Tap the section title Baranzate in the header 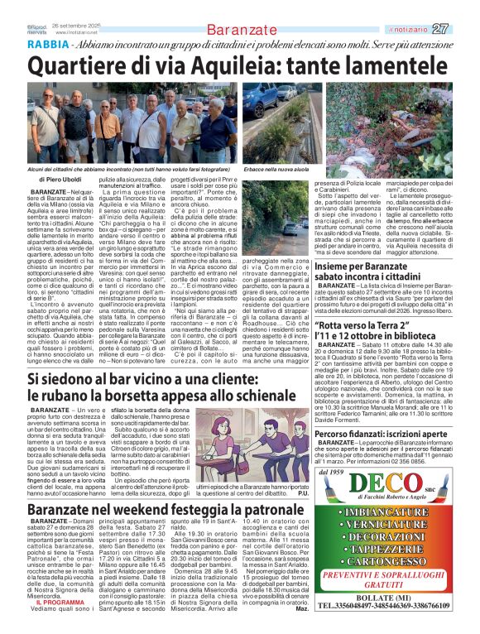pos(241,30)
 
